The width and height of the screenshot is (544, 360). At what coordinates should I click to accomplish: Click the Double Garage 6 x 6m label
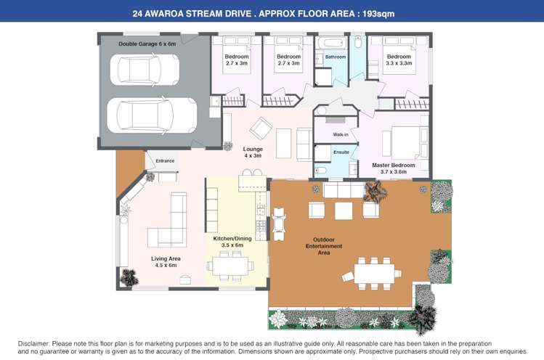pos(147,44)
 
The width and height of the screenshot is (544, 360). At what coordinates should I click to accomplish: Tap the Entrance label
pos(165,160)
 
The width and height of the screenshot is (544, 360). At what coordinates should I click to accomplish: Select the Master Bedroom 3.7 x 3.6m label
pos(394,168)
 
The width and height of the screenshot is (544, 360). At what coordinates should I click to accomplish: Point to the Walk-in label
pos(341,135)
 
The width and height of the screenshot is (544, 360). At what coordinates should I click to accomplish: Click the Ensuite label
pos(341,152)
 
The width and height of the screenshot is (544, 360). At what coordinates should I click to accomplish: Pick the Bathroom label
pos(336,57)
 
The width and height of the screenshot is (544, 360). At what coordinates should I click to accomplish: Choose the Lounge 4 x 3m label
pos(253,152)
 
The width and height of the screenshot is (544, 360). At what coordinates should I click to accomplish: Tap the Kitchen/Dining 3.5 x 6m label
pos(232,242)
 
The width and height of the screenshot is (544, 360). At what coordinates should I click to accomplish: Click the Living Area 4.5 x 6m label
pos(166,262)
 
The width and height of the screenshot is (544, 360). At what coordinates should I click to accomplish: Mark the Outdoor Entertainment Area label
pos(324,246)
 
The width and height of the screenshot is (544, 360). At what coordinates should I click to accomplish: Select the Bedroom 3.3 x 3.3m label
pos(399,60)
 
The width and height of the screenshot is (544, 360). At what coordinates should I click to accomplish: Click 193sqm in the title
pos(377,13)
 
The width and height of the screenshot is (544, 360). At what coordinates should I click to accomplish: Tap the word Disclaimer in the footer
pos(34,343)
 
